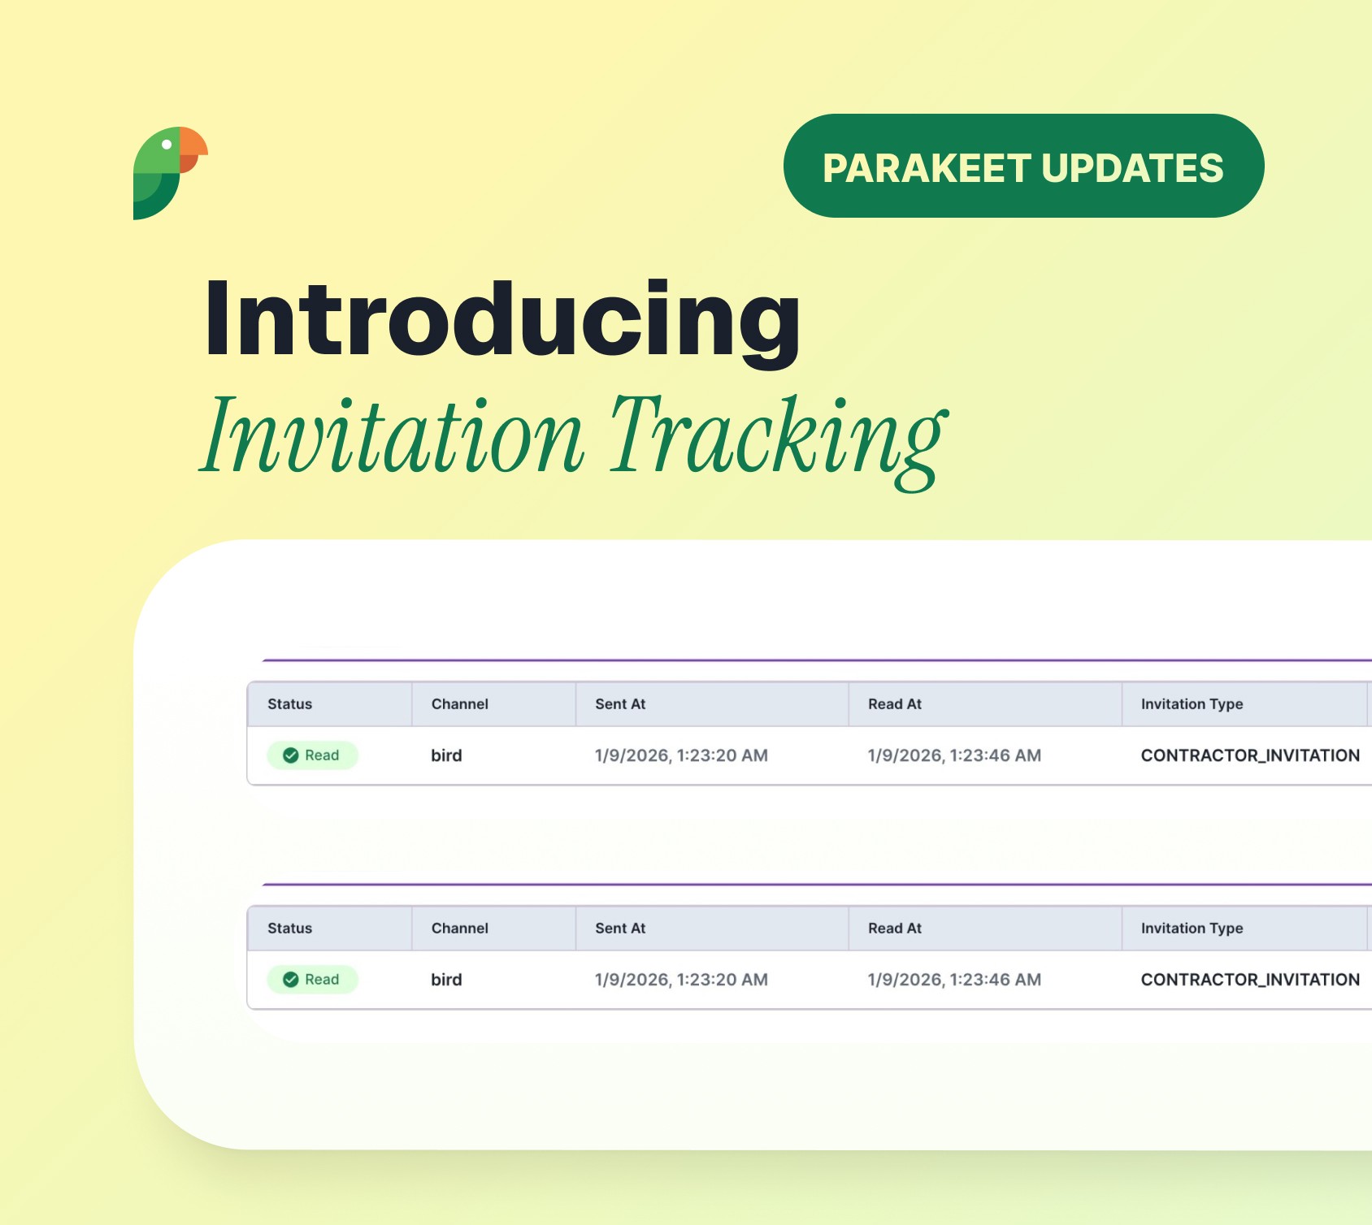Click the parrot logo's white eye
pyautogui.click(x=167, y=145)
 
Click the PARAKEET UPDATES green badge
pyautogui.click(x=1022, y=167)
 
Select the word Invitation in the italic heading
pyautogui.click(x=393, y=436)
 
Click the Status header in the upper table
pyautogui.click(x=289, y=704)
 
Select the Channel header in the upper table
pyautogui.click(x=459, y=704)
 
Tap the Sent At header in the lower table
pyautogui.click(x=619, y=928)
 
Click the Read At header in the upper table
pyautogui.click(x=894, y=704)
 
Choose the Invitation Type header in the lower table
pyautogui.click(x=1192, y=928)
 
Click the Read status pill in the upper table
pyautogui.click(x=313, y=755)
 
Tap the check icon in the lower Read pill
pyautogui.click(x=290, y=980)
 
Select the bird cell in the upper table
pyautogui.click(x=446, y=755)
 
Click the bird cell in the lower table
pyautogui.click(x=446, y=980)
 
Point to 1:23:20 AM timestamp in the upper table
pyautogui.click(x=681, y=755)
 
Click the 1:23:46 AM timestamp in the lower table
pyautogui.click(x=954, y=980)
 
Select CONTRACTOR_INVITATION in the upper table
pyautogui.click(x=1249, y=755)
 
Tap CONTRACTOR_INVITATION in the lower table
pyautogui.click(x=1249, y=980)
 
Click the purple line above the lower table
pyautogui.click(x=813, y=884)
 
